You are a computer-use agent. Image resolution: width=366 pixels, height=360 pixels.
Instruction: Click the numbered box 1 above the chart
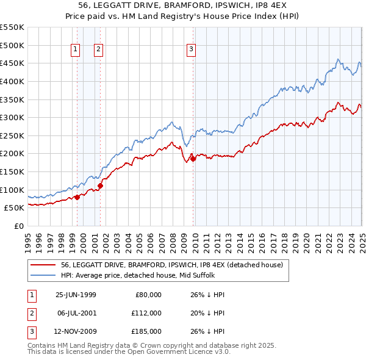(x=75, y=49)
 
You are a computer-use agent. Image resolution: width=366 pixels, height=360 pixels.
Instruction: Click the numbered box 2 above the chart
(x=98, y=49)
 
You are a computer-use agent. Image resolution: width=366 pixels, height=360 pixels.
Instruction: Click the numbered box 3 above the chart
(x=191, y=49)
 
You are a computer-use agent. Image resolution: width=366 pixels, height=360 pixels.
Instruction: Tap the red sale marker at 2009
(x=193, y=159)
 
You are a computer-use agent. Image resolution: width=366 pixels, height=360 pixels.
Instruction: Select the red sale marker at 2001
(x=100, y=185)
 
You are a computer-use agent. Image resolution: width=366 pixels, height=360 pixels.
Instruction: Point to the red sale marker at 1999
(x=77, y=197)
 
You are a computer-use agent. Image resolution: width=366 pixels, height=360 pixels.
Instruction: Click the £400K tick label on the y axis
(x=12, y=81)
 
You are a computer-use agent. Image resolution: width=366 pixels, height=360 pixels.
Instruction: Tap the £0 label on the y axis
(x=19, y=226)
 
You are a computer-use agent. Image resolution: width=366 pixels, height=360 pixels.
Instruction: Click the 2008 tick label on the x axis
(x=173, y=239)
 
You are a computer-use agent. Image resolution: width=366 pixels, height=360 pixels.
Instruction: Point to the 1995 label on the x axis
(x=28, y=239)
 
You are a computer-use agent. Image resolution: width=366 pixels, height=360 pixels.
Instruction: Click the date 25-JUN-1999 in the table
(x=76, y=295)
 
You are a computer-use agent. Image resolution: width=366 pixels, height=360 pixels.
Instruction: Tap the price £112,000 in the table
(x=146, y=313)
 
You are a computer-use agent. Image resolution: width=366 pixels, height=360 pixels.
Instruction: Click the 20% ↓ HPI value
(x=207, y=313)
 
